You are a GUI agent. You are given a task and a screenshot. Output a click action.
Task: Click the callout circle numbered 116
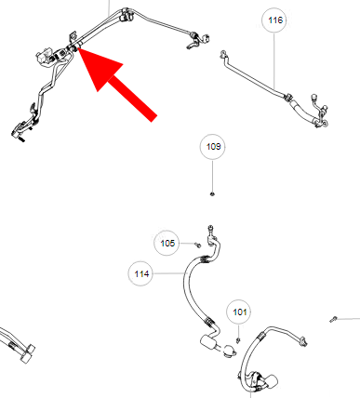pyautogui.click(x=274, y=20)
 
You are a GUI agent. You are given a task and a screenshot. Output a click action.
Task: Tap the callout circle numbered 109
pyautogui.click(x=213, y=147)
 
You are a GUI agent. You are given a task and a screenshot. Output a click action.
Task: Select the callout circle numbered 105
pyautogui.click(x=167, y=243)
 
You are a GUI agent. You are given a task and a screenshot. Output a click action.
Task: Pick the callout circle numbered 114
pyautogui.click(x=141, y=273)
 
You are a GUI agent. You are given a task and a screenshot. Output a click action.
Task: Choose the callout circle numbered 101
pyautogui.click(x=239, y=312)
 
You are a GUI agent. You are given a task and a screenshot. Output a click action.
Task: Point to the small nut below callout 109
pyautogui.click(x=212, y=194)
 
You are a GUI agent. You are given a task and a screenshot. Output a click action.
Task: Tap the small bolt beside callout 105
pyautogui.click(x=198, y=245)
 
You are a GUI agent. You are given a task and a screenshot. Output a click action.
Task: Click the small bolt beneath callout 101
pyautogui.click(x=238, y=340)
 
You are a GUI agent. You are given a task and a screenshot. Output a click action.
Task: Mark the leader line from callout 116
pyautogui.click(x=274, y=60)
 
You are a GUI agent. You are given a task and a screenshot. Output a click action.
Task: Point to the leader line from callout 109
pyautogui.click(x=213, y=176)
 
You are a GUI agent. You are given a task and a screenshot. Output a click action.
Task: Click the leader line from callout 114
pyautogui.click(x=168, y=273)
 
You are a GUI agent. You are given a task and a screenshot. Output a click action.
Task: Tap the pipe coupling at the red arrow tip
pyautogui.click(x=73, y=47)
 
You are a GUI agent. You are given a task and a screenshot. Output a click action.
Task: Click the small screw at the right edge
pyautogui.click(x=333, y=319)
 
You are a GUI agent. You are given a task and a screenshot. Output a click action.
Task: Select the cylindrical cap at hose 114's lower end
pyautogui.click(x=207, y=342)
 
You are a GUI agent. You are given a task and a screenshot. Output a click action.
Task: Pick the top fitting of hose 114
pyautogui.click(x=211, y=235)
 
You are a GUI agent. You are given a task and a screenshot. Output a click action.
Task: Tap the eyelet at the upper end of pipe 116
pyautogui.click(x=223, y=55)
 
